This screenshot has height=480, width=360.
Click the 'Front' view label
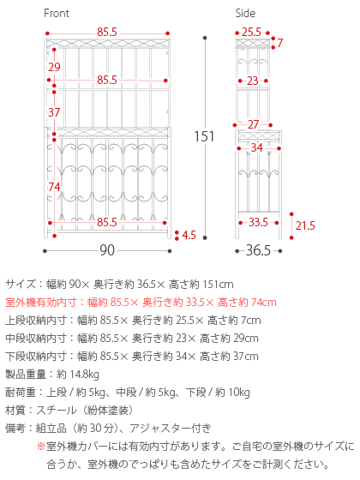point(57,13)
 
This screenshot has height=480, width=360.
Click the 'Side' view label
point(245,13)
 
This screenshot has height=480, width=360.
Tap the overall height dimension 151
point(204,136)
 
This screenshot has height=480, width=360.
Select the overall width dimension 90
point(107,250)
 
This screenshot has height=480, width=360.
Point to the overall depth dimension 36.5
point(258,250)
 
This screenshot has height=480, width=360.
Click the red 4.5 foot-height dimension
point(189,235)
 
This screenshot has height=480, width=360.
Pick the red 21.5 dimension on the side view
point(305,225)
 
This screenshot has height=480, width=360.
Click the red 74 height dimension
point(54,187)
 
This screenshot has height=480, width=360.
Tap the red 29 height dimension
point(54,67)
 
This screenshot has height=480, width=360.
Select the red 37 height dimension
point(54,112)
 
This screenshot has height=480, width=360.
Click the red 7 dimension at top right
point(279,43)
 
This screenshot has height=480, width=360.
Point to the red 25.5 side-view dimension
point(252,33)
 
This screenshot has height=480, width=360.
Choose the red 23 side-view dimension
point(253,81)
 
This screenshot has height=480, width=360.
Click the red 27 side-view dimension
point(253,124)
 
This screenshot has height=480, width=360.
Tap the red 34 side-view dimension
point(257,147)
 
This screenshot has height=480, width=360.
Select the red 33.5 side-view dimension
point(258,222)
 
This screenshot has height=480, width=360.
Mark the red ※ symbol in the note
point(41,446)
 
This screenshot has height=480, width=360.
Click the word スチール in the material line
point(57,411)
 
